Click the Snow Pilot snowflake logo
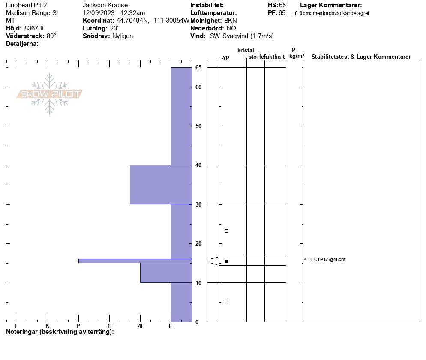pyautogui.click(x=49, y=94)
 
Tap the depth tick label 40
pyautogui.click(x=198, y=165)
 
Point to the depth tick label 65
pyautogui.click(x=198, y=67)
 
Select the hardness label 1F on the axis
pyautogui.click(x=110, y=326)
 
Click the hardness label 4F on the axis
pyautogui.click(x=141, y=326)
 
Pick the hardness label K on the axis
pyautogui.click(x=48, y=326)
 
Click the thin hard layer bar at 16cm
pyautogui.click(x=135, y=261)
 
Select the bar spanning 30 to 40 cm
pyautogui.click(x=161, y=185)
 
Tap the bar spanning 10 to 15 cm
pyautogui.click(x=166, y=273)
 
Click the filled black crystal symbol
pyautogui.click(x=226, y=261)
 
